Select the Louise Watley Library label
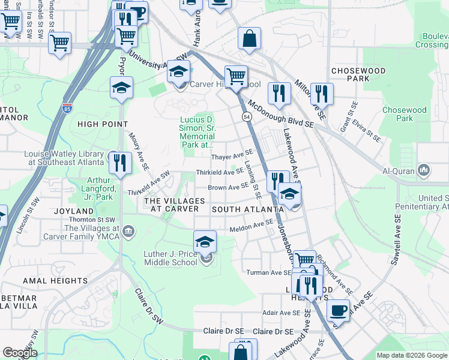tap(64, 157)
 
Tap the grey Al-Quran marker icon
tap(425, 170)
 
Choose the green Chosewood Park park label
tap(403, 114)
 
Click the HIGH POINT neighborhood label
tap(103, 124)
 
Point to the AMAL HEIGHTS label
tap(55, 281)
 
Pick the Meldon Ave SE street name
tap(252, 229)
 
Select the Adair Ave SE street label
tap(281, 313)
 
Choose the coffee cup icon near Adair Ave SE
tap(339, 311)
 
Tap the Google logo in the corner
tap(19, 353)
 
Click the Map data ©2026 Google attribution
tap(411, 355)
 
